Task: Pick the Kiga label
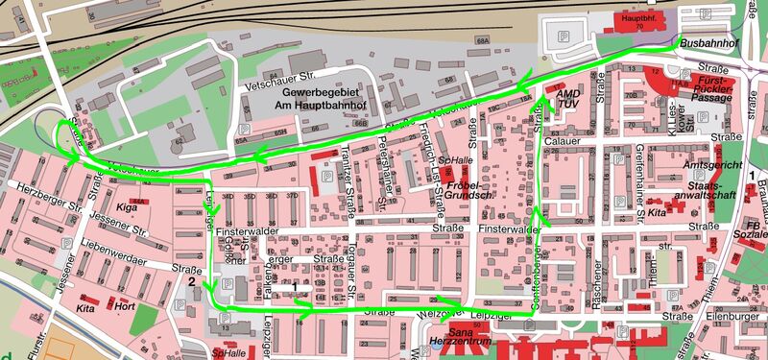[127, 206]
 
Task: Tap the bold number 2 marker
[192, 282]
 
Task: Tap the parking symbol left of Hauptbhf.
[564, 37]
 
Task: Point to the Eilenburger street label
[739, 315]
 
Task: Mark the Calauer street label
[564, 142]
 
